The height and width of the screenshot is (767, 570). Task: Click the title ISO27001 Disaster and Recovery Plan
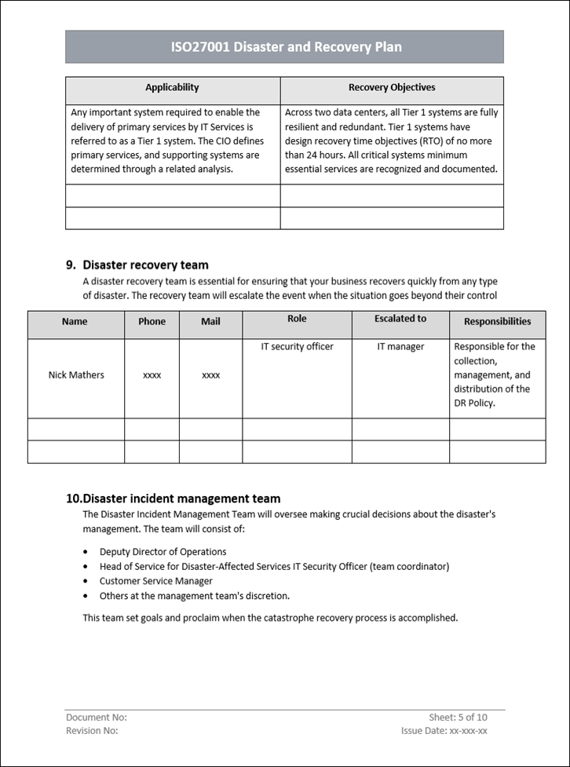coord(286,47)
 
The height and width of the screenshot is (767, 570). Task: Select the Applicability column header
coord(172,88)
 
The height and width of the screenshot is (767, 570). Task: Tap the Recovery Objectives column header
coord(392,88)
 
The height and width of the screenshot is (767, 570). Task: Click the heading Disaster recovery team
coord(145,265)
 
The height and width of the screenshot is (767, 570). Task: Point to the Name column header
coord(75,322)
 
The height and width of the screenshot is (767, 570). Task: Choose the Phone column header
coord(152,322)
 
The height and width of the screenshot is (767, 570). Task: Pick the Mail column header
coord(210,322)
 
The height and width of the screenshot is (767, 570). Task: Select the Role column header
coord(297,319)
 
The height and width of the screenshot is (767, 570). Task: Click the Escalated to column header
coord(400,319)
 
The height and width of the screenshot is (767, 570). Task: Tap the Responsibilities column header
coord(497,322)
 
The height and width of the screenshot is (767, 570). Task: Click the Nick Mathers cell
coord(76,375)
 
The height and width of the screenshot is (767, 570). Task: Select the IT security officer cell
coord(297,347)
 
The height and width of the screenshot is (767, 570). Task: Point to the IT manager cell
coord(400,347)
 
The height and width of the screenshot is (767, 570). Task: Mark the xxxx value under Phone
coord(152,376)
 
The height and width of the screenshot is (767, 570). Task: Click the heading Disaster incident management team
coord(181,499)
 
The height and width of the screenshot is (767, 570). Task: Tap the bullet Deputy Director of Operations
coord(163,552)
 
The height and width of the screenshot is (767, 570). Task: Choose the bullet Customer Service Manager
coord(155,582)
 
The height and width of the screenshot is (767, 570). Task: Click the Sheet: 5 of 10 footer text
coord(458,718)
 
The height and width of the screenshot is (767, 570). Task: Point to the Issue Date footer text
coord(444,731)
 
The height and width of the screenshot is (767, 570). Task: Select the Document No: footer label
coord(97,718)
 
